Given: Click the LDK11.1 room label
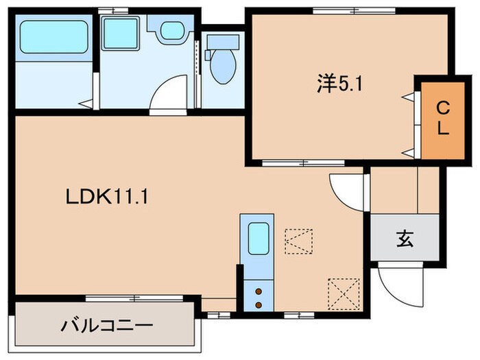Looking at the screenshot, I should [x=108, y=197].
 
